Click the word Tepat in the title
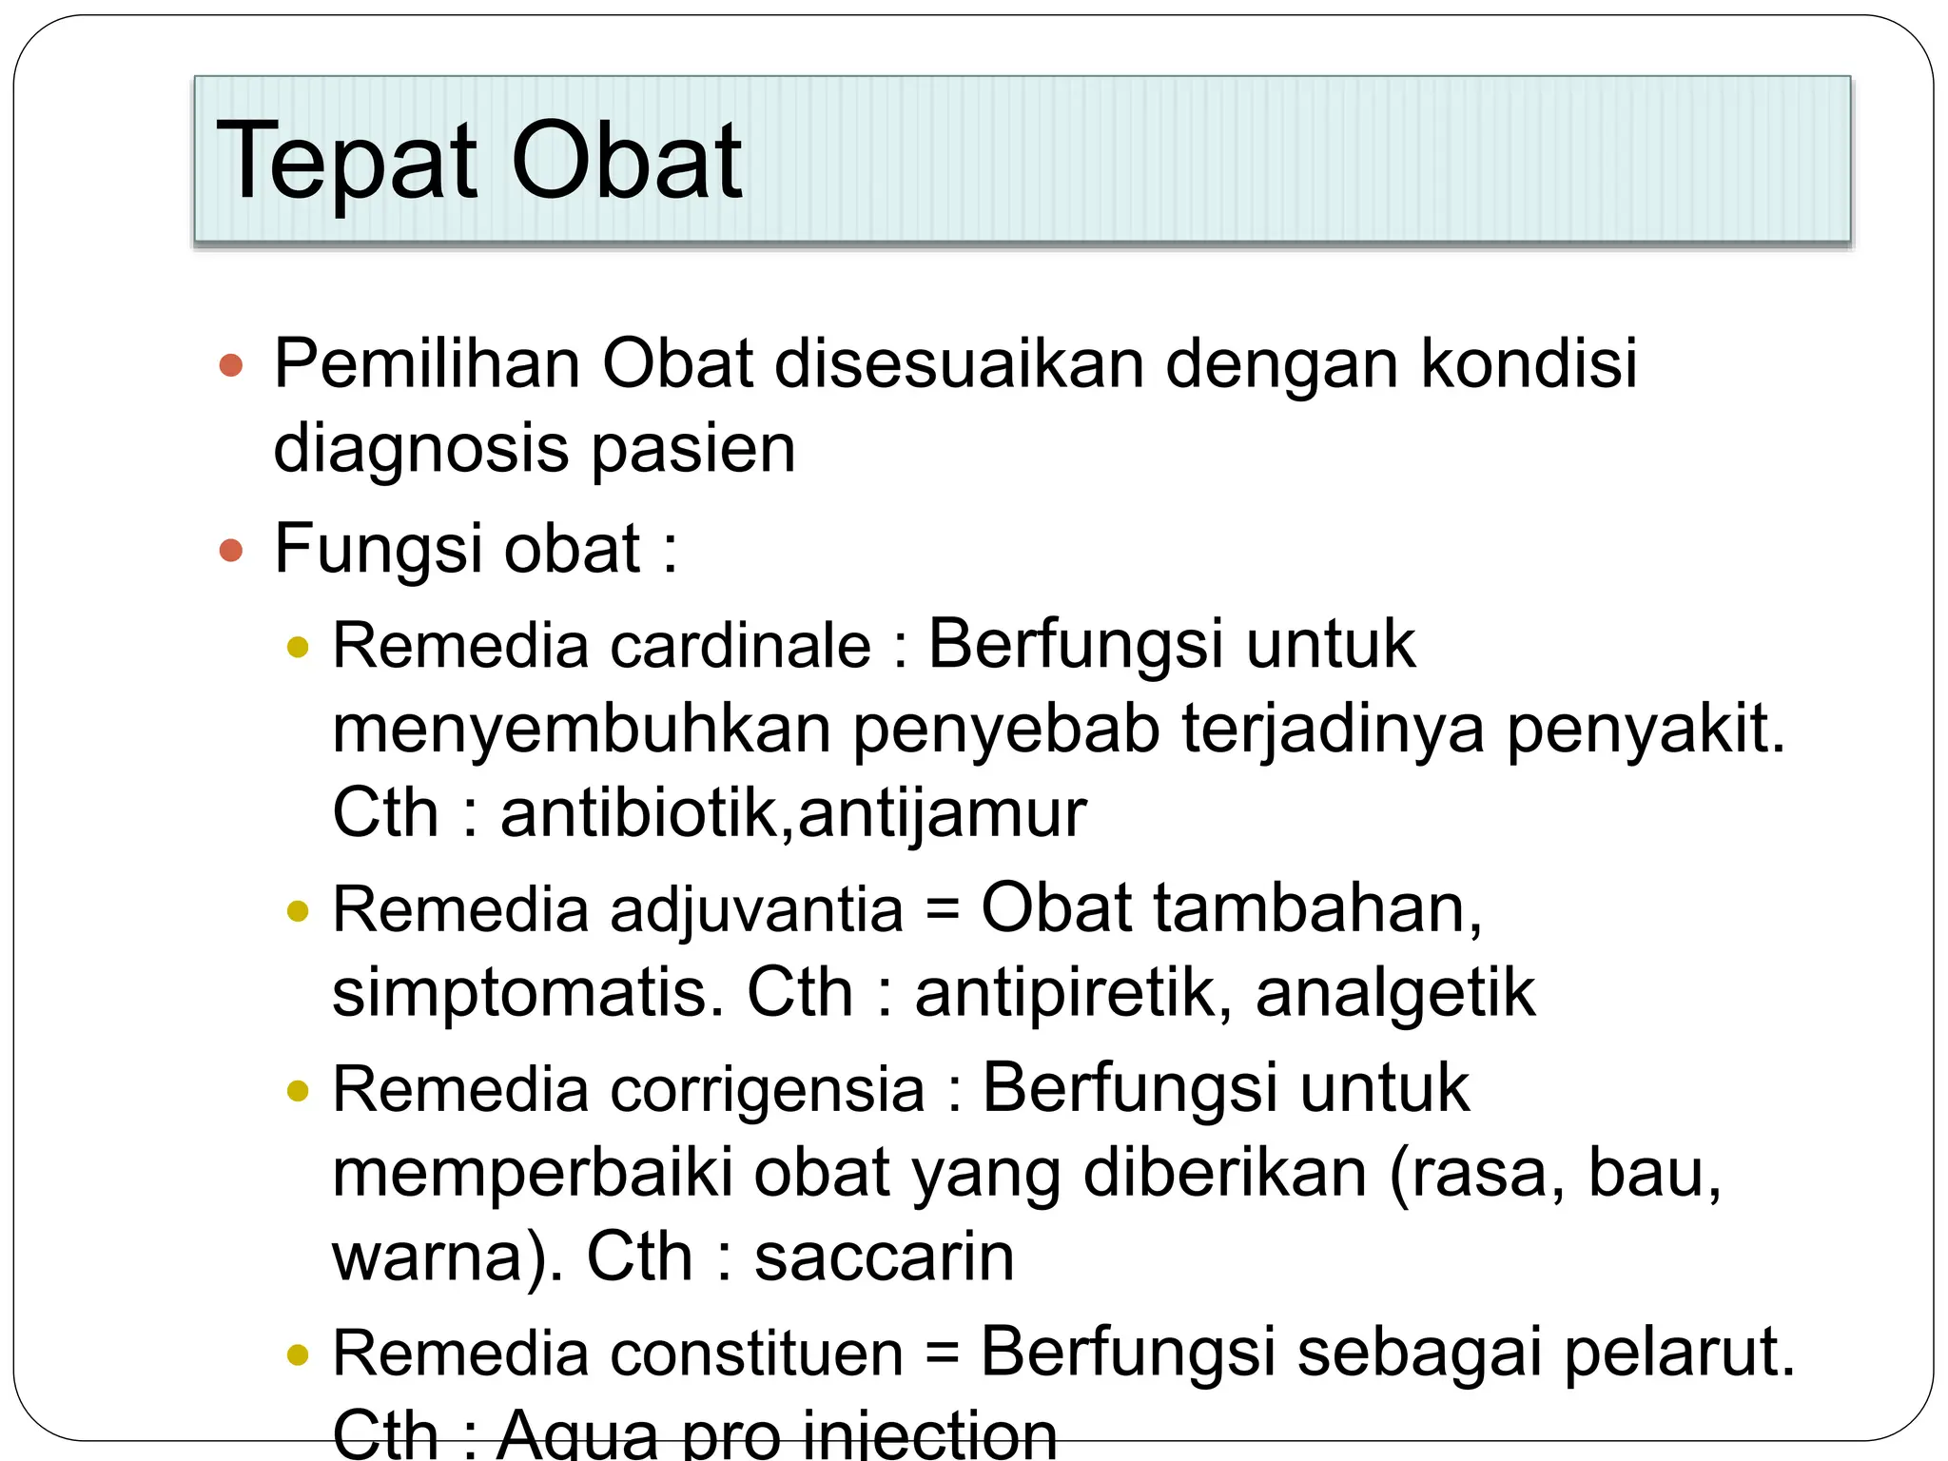point(346,162)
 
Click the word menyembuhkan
point(581,730)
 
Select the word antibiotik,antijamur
point(793,813)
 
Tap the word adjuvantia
point(756,909)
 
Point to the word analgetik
point(1394,993)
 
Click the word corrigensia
point(767,1089)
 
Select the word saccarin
point(885,1256)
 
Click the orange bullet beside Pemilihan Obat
point(231,365)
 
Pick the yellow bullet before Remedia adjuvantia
point(299,911)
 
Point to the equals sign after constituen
point(942,1354)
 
